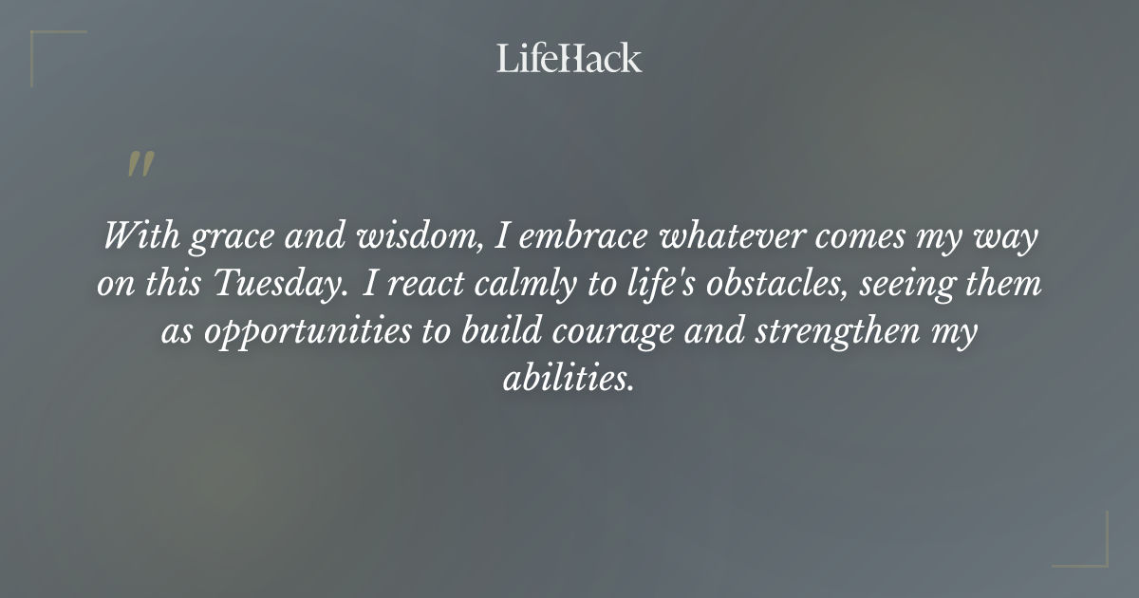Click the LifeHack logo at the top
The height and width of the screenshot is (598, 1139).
coord(569,58)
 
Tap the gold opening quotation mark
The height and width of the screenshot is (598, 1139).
coord(140,163)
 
